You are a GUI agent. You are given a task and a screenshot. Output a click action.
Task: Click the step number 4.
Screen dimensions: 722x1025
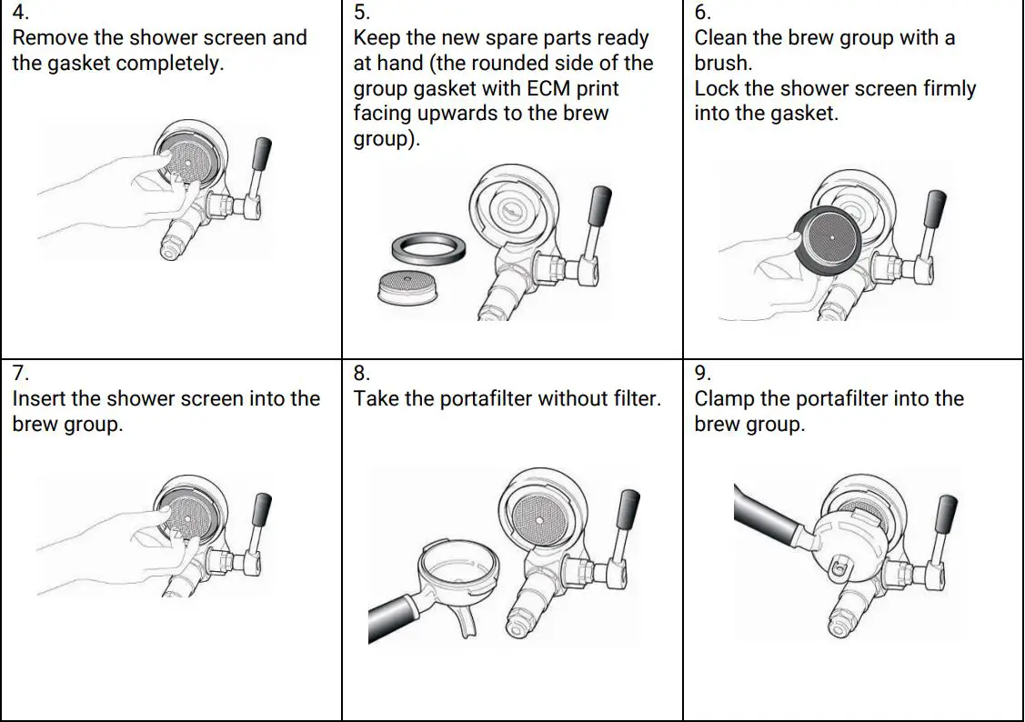click(x=20, y=14)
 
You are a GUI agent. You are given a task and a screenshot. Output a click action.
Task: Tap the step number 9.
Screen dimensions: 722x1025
click(x=702, y=374)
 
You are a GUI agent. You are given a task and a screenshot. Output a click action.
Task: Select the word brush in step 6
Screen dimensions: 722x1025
click(x=722, y=64)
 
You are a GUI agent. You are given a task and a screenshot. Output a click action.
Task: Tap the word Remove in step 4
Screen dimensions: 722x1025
click(x=48, y=38)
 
